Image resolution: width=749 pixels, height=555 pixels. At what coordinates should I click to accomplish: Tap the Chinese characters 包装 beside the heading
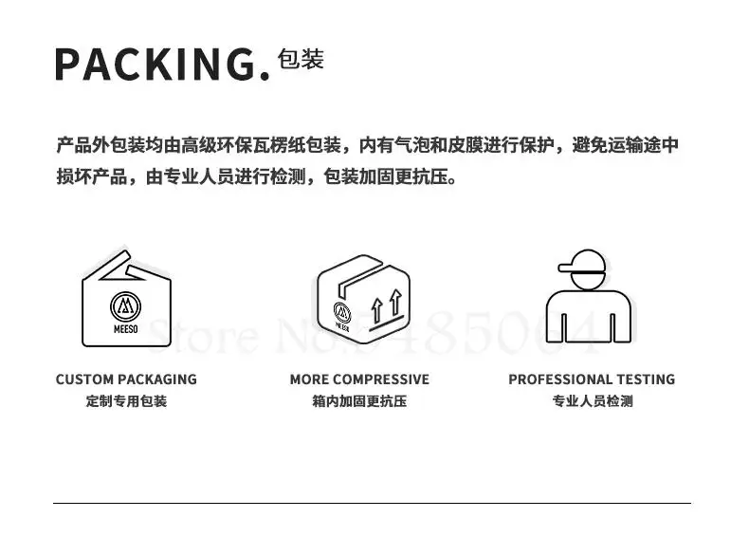(x=301, y=59)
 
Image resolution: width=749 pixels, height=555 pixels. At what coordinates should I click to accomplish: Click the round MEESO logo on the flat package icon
(x=126, y=305)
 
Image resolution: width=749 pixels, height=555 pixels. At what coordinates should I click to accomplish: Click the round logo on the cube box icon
(x=342, y=310)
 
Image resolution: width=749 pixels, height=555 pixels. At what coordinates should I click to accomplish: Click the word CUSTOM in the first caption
(x=83, y=379)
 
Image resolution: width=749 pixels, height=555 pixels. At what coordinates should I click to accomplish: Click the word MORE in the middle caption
(x=309, y=379)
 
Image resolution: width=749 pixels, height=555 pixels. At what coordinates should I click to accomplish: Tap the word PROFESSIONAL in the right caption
(x=560, y=379)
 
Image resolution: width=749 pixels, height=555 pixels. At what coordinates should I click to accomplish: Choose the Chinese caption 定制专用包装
(x=126, y=401)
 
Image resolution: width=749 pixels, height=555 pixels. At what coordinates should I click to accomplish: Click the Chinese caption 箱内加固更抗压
(x=359, y=401)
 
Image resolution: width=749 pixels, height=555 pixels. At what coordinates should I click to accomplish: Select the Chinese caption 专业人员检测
(x=592, y=401)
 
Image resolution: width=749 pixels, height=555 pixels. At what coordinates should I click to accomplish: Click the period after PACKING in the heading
(x=265, y=75)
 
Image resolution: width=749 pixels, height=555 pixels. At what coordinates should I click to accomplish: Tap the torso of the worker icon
(x=588, y=313)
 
